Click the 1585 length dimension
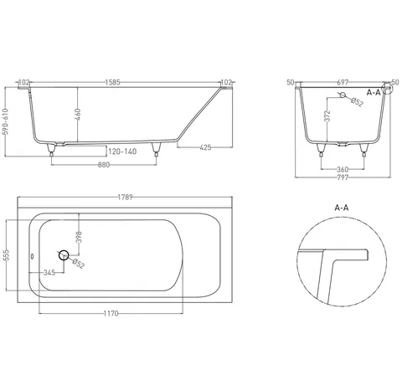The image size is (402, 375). click(x=113, y=82)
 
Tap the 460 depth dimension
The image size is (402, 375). click(x=78, y=115)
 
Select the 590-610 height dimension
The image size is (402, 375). click(x=6, y=121)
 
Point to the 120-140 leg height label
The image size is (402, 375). click(x=122, y=152)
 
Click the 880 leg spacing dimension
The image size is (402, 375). click(x=104, y=165)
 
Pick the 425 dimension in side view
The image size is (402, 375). click(x=205, y=147)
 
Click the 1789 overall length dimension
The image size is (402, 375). click(x=125, y=198)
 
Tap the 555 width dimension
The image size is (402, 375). click(x=6, y=255)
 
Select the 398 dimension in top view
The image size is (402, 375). click(x=79, y=237)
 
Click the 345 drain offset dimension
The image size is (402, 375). click(x=49, y=273)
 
